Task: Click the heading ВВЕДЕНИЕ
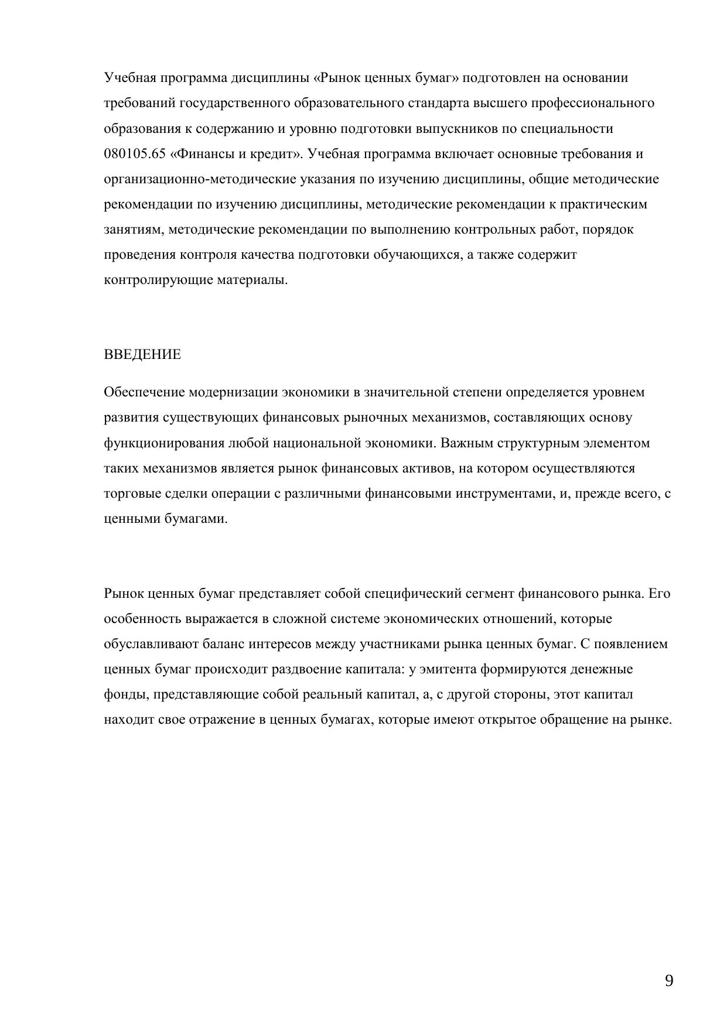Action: pos(142,355)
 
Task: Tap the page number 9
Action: pos(669,981)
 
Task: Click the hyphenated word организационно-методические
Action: pos(200,179)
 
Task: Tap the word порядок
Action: pos(609,230)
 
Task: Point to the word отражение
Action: pos(220,720)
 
